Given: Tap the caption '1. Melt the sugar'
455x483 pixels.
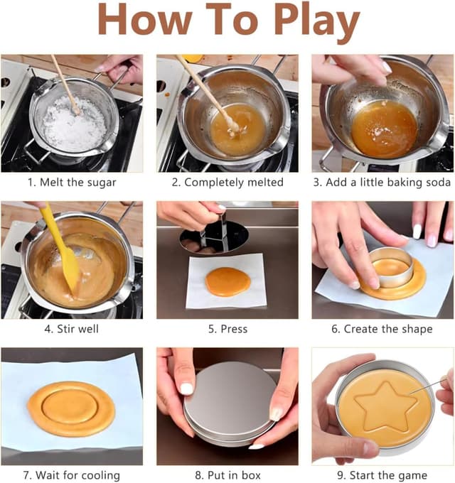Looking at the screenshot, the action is coord(72,182).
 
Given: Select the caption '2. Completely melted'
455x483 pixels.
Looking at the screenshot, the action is coord(227,182).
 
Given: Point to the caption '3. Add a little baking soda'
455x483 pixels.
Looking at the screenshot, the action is coord(382,182).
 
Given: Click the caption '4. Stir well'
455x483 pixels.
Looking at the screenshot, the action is coord(72,329).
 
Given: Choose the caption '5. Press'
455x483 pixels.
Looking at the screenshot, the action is coord(227,329).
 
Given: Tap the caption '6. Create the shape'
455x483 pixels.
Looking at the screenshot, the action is coord(382,329).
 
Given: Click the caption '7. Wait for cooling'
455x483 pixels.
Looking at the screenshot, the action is coord(72,475).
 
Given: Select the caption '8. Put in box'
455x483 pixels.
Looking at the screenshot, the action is coord(227,475).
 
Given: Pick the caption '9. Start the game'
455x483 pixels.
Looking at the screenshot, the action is coord(382,475).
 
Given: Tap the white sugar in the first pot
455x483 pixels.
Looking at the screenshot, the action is coord(74,123).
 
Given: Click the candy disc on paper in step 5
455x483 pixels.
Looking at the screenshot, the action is coord(227,281).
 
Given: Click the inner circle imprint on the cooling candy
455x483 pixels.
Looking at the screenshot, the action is coord(70,406).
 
